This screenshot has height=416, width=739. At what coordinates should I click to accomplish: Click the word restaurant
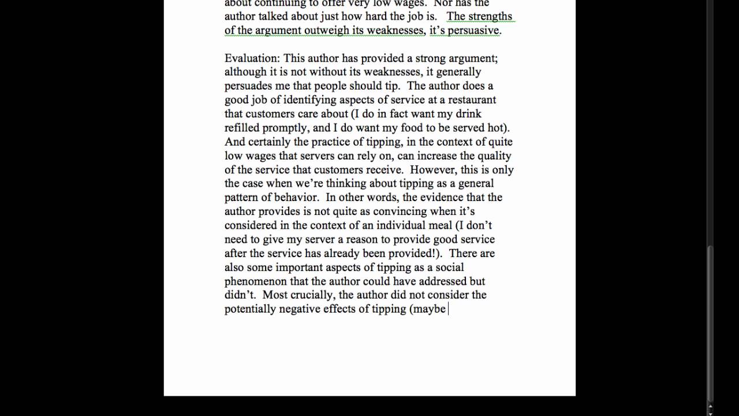coord(472,100)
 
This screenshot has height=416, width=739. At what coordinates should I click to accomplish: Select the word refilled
coord(244,128)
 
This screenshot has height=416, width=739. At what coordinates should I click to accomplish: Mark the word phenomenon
coord(256,281)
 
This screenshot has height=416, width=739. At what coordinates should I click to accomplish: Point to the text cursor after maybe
coord(449,309)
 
